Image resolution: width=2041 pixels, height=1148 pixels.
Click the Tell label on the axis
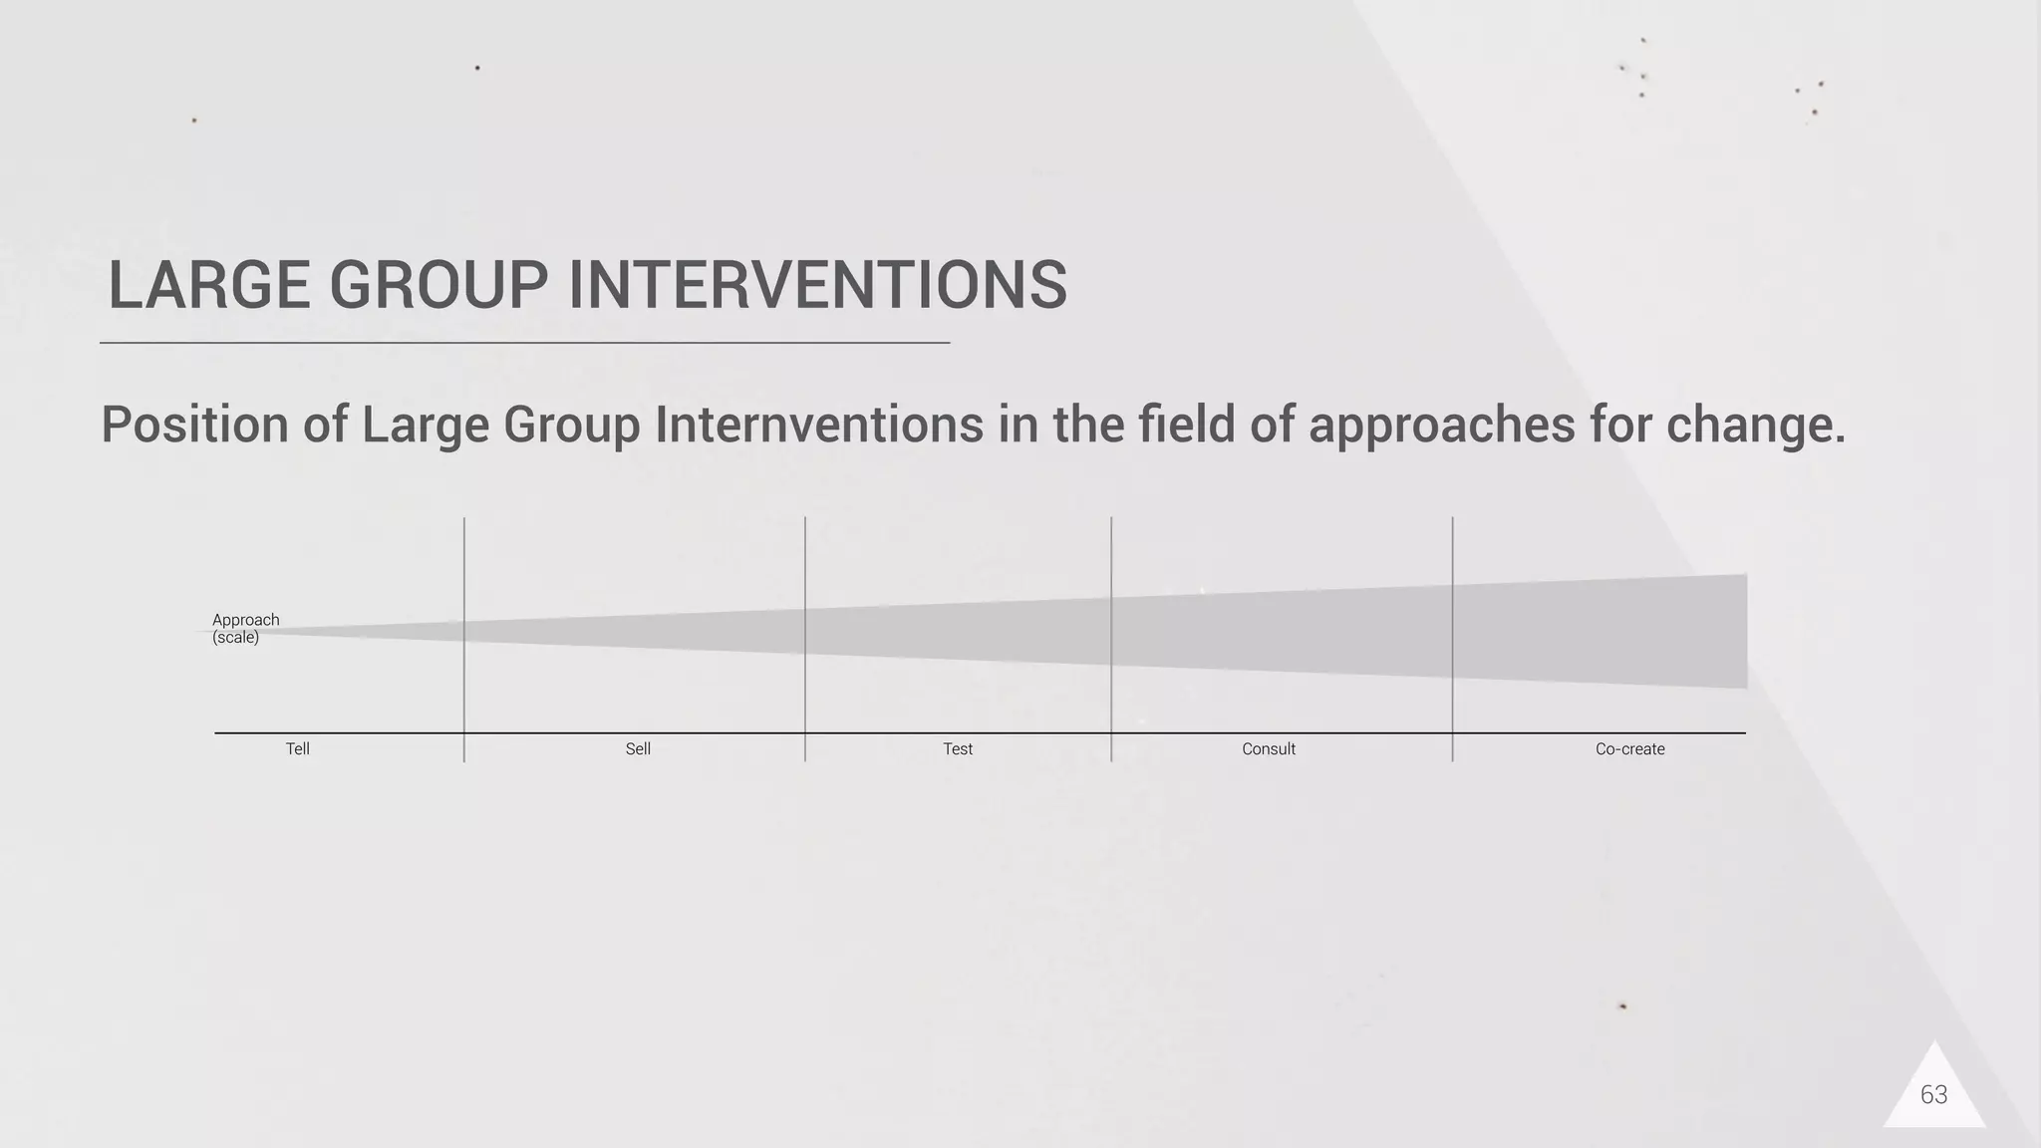pos(297,749)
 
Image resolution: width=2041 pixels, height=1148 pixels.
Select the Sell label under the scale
pos(638,749)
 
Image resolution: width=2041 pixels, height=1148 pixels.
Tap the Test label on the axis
pos(958,749)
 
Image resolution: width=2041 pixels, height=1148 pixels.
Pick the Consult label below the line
pos(1268,749)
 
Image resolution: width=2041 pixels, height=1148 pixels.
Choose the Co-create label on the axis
pos(1629,749)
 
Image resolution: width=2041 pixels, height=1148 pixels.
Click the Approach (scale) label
pos(245,629)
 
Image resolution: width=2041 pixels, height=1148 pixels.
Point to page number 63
pos(1933,1095)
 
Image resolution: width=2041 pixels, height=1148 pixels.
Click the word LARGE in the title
pos(208,286)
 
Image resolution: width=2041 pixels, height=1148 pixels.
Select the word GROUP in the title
pos(438,286)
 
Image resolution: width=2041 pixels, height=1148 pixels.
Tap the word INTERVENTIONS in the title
pos(817,286)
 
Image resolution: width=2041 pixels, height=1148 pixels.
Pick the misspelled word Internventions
pos(819,426)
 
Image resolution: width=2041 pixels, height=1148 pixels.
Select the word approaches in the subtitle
pos(1441,426)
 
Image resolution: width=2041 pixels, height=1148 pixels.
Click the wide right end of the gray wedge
pos(1724,631)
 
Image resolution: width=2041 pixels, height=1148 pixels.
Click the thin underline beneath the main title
pos(524,343)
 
